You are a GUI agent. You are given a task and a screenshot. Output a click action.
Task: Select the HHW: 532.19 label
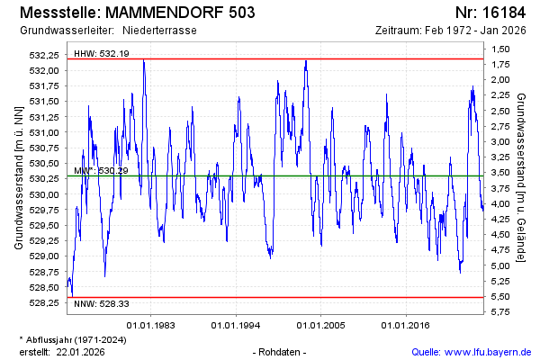(102, 54)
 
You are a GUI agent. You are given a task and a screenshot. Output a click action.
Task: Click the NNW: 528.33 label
(102, 304)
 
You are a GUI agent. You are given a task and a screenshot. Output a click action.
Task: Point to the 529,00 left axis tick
(44, 256)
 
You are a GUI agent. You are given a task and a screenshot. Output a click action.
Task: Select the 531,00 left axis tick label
(44, 132)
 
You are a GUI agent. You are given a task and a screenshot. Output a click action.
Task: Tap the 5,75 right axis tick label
(501, 312)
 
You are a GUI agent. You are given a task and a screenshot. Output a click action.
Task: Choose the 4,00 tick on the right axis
(501, 204)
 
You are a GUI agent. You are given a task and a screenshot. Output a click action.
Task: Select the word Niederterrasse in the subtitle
(160, 30)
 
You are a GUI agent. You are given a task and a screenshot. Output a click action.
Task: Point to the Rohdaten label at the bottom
(282, 352)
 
